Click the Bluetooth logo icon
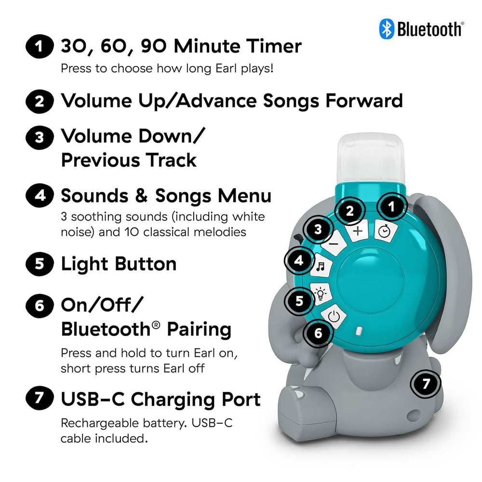(x=387, y=28)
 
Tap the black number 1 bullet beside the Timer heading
(x=38, y=47)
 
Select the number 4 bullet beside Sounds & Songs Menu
(x=38, y=197)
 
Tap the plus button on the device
(x=357, y=231)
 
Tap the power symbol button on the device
(x=336, y=317)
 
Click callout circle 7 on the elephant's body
(x=426, y=384)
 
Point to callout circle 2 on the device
(x=350, y=211)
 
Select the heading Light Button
(x=119, y=264)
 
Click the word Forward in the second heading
(x=364, y=101)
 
